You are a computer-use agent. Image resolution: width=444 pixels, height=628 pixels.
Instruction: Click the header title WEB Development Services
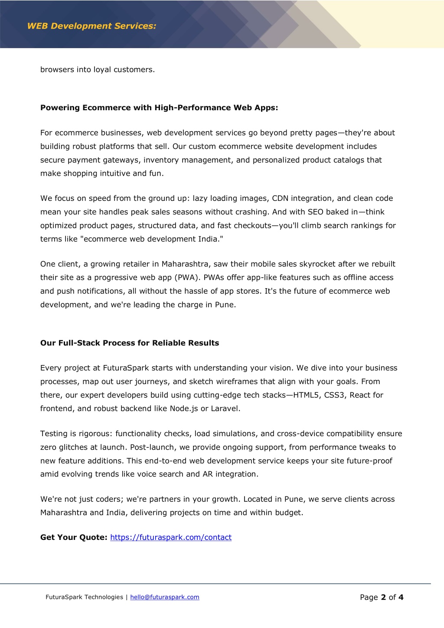[91, 26]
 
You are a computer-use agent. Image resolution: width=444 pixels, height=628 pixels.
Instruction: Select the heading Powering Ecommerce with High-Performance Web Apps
[159, 108]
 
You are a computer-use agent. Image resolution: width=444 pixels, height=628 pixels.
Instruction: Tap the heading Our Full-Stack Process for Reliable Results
[130, 343]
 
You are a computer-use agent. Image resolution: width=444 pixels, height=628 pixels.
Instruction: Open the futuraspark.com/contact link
[171, 537]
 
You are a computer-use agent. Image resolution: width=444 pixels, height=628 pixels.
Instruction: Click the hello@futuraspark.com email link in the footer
[165, 597]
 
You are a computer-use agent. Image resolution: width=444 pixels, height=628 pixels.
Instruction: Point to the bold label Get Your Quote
[74, 537]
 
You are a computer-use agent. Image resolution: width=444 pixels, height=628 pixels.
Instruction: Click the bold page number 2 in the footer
[383, 597]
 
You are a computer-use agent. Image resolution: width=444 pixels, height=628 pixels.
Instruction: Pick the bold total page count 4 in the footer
[401, 597]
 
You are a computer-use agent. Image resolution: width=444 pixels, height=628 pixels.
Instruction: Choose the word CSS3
[335, 395]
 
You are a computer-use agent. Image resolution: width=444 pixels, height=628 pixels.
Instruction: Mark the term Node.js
[184, 408]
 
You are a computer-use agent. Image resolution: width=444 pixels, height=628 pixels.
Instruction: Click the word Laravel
[225, 408]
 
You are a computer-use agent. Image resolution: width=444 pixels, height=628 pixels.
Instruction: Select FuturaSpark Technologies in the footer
[84, 597]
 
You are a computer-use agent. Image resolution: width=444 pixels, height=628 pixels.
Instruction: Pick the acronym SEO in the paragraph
[315, 212]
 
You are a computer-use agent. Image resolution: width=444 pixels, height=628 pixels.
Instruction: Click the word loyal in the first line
[102, 69]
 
